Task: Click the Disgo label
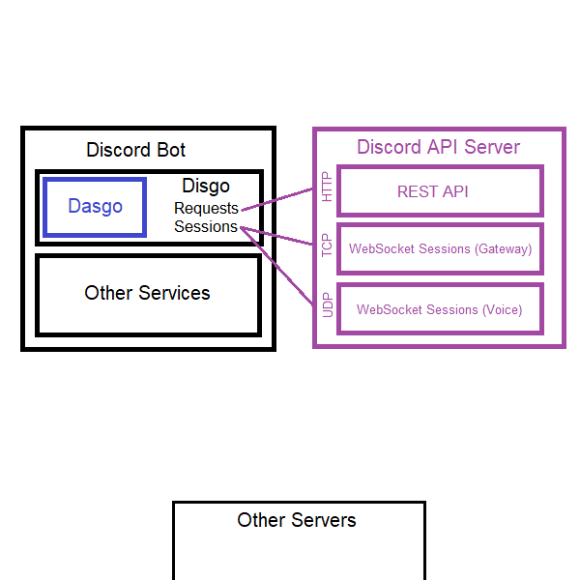point(206,186)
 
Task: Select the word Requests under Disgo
point(206,208)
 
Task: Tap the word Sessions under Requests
point(206,226)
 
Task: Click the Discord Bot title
point(135,150)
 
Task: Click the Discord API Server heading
point(438,147)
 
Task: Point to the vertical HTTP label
point(327,187)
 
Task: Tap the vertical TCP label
point(327,245)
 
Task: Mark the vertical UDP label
point(328,305)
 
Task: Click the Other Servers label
point(297,520)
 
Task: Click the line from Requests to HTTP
point(277,199)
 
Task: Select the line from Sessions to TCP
point(276,236)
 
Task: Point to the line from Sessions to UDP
point(276,266)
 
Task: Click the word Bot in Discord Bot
point(171,150)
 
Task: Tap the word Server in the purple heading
point(492,147)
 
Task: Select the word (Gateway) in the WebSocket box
point(503,249)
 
